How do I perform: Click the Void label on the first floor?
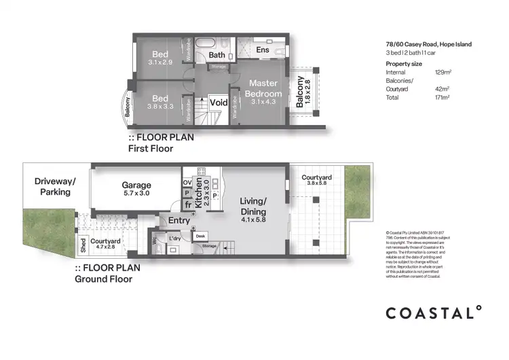219,103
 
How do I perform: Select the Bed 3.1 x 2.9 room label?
160,58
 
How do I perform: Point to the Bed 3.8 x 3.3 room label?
160,101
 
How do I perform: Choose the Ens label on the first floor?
262,50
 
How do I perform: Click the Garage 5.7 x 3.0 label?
136,188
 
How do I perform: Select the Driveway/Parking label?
55,187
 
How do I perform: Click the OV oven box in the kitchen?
187,181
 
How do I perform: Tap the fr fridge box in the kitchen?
187,205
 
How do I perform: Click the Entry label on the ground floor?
179,220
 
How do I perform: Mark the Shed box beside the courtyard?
83,243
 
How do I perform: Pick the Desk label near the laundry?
200,236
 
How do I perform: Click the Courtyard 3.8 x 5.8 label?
314,180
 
